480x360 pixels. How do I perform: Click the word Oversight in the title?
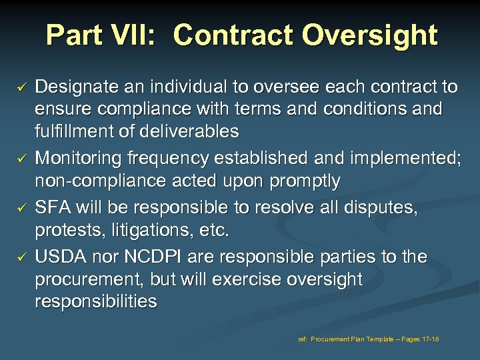(x=371, y=35)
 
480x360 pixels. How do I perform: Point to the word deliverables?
(x=181, y=131)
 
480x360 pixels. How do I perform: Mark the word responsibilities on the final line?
(x=96, y=302)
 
